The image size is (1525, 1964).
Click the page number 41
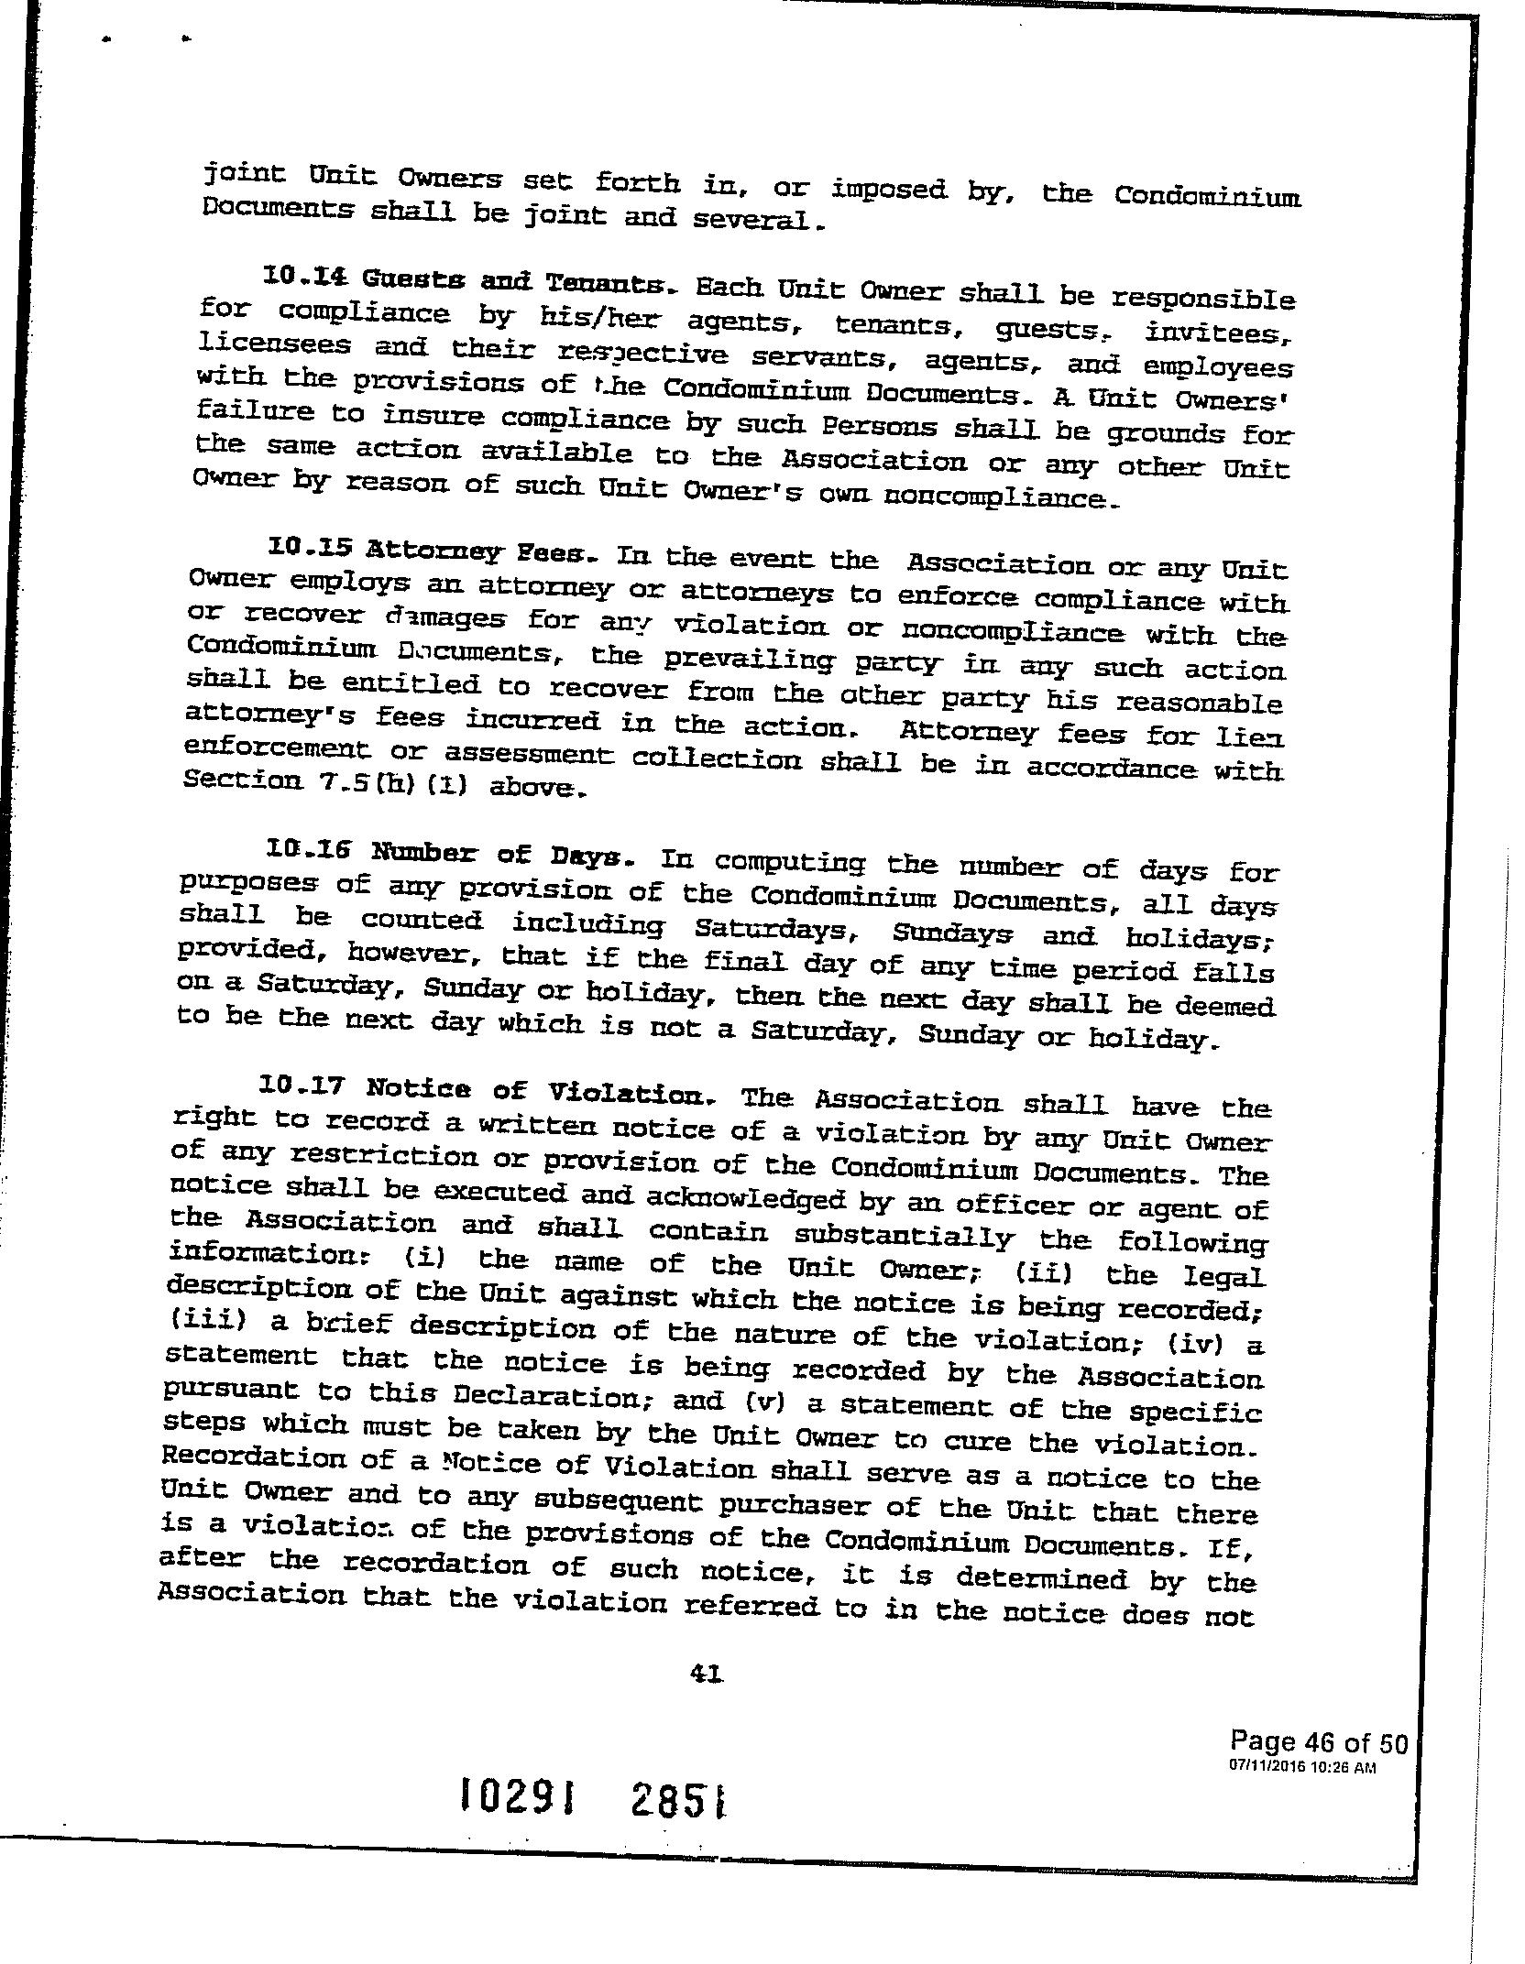click(707, 1674)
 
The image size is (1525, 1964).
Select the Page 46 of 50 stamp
click(1317, 1740)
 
